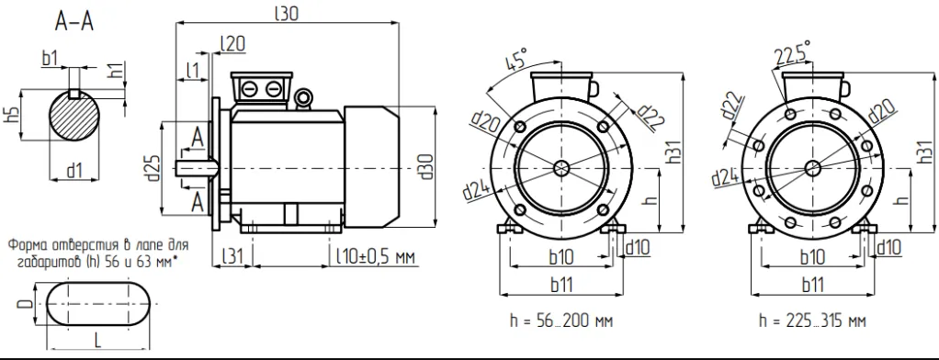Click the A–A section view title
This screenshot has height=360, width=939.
pyautogui.click(x=74, y=23)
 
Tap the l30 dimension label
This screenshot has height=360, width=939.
pyautogui.click(x=287, y=14)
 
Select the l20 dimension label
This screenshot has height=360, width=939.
pyautogui.click(x=232, y=43)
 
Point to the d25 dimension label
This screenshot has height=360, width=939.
pyautogui.click(x=154, y=169)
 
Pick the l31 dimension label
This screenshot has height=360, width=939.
pyautogui.click(x=232, y=256)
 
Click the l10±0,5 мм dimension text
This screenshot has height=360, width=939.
pyautogui.click(x=375, y=256)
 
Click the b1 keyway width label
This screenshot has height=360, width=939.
pyautogui.click(x=51, y=58)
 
